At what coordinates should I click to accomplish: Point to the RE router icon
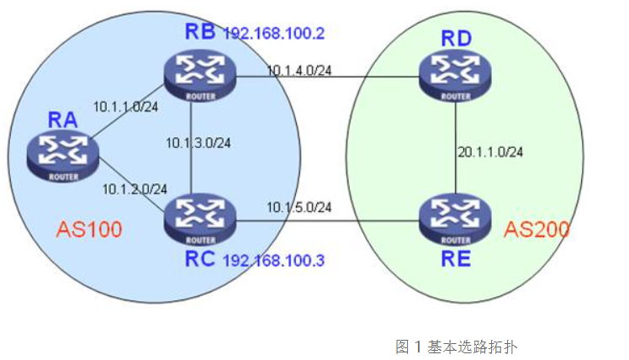coord(456,217)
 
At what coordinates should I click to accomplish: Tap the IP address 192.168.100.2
coord(272,35)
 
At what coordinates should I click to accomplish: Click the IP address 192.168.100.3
coord(273,260)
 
